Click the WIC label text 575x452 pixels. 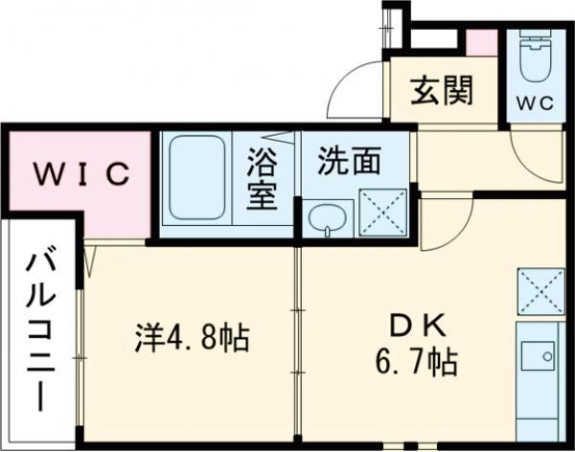(x=82, y=174)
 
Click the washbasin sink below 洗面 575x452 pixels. (x=328, y=218)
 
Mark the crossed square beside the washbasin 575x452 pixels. (x=381, y=211)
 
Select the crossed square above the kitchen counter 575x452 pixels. (x=540, y=289)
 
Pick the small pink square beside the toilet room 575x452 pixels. (x=482, y=42)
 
